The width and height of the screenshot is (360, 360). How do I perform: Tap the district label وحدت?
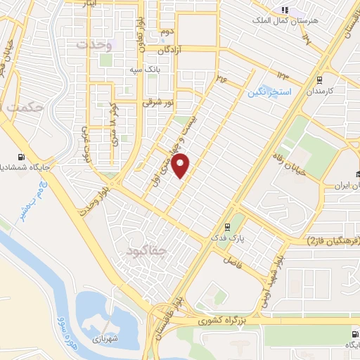[x=91, y=44]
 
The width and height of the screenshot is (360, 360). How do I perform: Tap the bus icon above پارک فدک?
[x=227, y=226]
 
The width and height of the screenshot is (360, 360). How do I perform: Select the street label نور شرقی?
[x=158, y=102]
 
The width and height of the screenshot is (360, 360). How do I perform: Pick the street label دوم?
[x=166, y=33]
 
